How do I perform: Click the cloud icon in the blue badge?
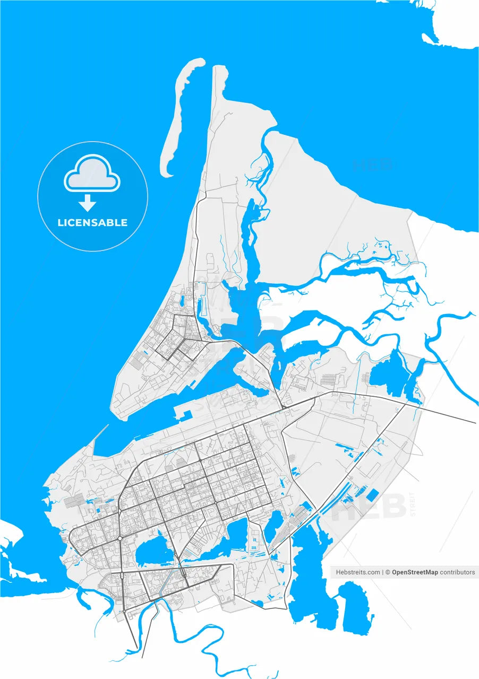pos(92,173)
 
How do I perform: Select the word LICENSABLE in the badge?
pos(92,223)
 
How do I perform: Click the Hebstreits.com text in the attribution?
pos(357,572)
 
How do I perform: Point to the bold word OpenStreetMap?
pos(415,572)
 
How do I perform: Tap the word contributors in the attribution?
pos(458,572)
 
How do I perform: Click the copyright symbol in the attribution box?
pos(388,572)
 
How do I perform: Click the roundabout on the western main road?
pos(121,538)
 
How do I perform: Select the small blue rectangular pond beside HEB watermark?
pos(373,494)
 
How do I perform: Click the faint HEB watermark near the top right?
pos(373,164)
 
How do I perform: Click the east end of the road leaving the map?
pos(475,423)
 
